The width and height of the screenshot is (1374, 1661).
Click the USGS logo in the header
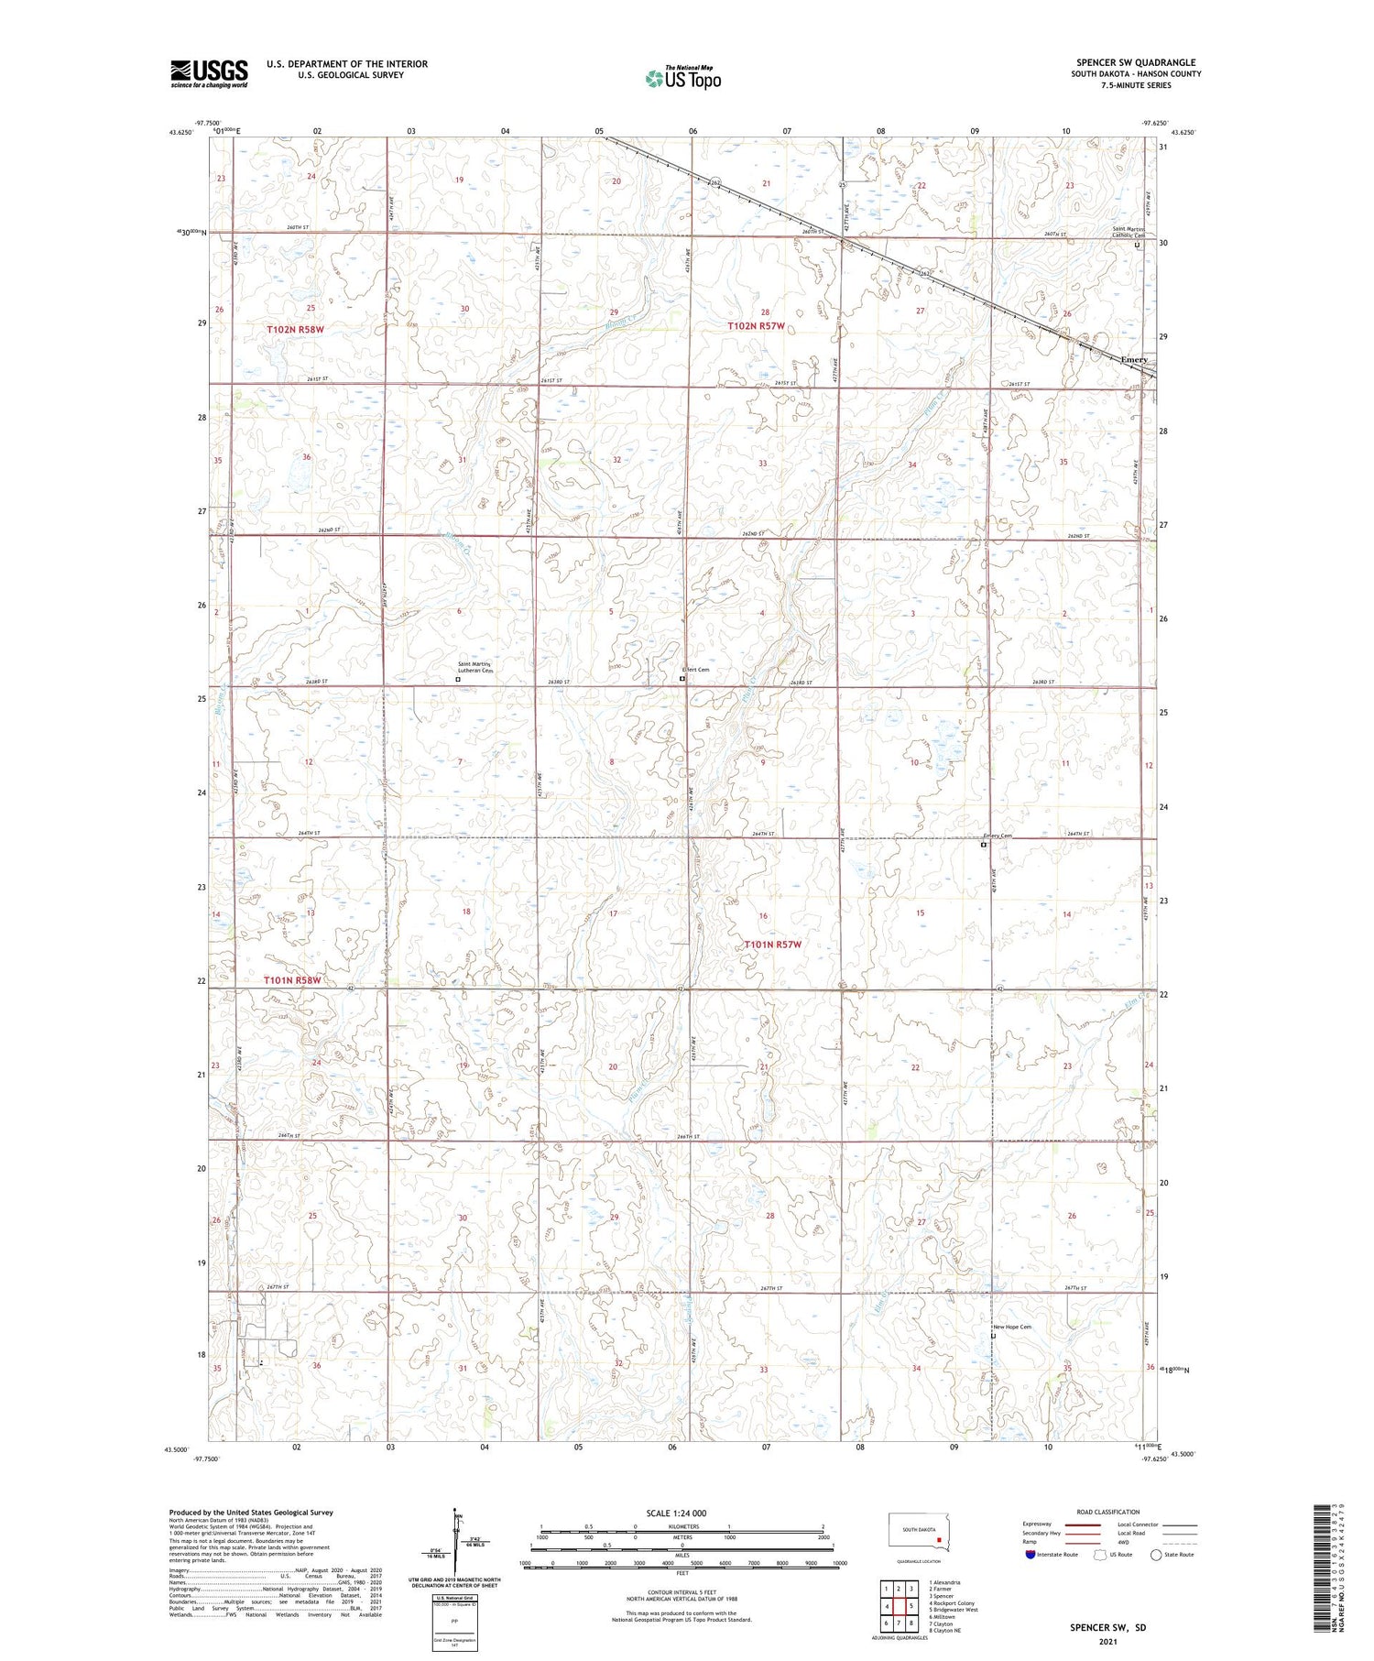pos(209,73)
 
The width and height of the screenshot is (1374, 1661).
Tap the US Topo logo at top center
pos(682,78)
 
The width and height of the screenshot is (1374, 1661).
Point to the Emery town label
pos(1134,360)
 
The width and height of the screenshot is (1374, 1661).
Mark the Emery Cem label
pos(998,836)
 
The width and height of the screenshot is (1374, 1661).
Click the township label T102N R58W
pos(295,329)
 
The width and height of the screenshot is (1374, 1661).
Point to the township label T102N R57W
pos(756,326)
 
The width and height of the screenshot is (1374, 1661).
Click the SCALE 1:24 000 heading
pos(676,1513)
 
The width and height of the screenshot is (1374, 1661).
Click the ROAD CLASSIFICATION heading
pos(1108,1512)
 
